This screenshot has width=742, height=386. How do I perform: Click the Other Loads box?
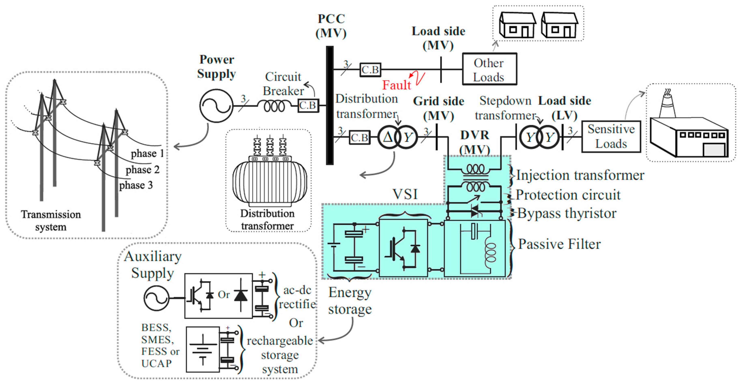(x=489, y=69)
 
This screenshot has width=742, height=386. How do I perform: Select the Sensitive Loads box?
(x=611, y=136)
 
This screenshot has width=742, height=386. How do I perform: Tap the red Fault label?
(x=396, y=85)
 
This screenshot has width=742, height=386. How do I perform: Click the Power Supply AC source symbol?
(x=216, y=106)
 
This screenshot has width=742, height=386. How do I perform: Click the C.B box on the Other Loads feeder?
(x=370, y=70)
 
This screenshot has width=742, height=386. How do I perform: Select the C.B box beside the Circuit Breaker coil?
(x=308, y=105)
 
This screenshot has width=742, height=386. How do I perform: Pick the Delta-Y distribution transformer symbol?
(x=397, y=137)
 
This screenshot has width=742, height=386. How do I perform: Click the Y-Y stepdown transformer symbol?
(x=539, y=137)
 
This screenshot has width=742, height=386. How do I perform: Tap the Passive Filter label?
(x=559, y=244)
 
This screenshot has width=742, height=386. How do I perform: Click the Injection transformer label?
(x=580, y=175)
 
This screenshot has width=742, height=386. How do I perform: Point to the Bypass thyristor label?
(x=567, y=213)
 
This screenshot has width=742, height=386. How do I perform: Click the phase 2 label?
(x=143, y=170)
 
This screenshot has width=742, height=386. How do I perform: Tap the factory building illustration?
(x=689, y=135)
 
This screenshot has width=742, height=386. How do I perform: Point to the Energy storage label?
(x=350, y=301)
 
